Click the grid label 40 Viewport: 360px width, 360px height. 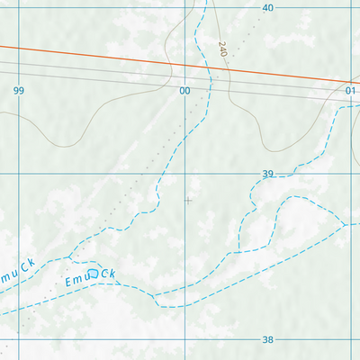[x=267, y=7]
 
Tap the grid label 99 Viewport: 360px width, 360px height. [x=19, y=91]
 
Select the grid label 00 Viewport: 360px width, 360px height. [x=186, y=91]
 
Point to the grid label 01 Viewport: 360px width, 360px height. [x=351, y=91]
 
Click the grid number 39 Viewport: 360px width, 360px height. [x=267, y=174]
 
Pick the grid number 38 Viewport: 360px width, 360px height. [x=267, y=340]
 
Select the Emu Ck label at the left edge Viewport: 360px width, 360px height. [x=18, y=270]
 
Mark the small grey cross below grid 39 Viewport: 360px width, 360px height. [x=187, y=200]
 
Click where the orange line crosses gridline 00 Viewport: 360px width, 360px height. [x=187, y=65]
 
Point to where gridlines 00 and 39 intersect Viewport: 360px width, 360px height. [x=187, y=174]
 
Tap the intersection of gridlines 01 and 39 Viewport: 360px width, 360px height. [x=354, y=174]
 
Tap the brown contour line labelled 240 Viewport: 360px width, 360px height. [x=227, y=85]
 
